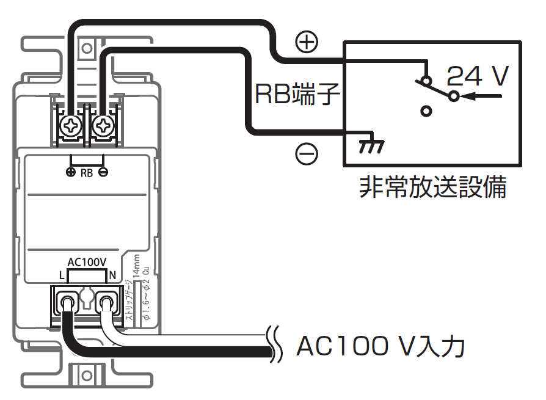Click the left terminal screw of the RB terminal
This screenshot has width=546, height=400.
point(71,126)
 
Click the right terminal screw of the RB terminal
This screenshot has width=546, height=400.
point(103,126)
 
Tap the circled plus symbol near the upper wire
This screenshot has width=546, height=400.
point(307,42)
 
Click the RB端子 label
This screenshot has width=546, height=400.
point(297,95)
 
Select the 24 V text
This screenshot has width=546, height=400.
point(478,76)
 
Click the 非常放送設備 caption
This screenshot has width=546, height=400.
point(433,187)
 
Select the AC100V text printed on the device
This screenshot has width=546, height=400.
point(87,262)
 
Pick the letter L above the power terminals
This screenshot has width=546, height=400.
point(62,276)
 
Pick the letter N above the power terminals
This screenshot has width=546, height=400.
point(112,276)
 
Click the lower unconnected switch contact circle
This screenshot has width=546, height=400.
point(427,111)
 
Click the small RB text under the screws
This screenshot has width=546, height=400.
point(87,173)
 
